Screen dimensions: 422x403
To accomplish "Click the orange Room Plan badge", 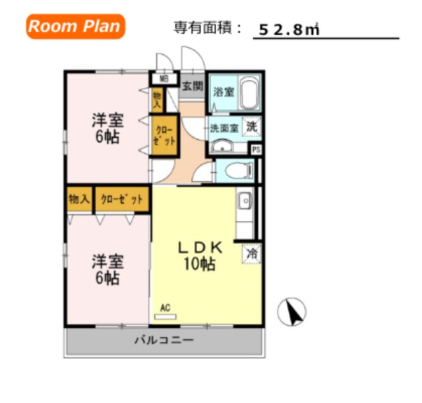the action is [76, 26].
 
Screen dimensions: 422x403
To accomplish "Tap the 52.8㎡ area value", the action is [289, 30].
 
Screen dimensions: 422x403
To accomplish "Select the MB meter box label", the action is [164, 79].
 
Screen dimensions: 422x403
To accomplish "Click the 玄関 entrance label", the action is [193, 86].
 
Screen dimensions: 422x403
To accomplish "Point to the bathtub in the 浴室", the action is [249, 93].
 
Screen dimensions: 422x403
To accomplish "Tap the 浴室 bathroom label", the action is [224, 92].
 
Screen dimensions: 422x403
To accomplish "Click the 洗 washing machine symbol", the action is [252, 127].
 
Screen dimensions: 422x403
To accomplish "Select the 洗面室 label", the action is [224, 129].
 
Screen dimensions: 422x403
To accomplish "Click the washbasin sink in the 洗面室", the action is [222, 146].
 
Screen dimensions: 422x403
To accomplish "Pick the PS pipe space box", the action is [256, 150].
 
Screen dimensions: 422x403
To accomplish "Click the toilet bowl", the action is [238, 170].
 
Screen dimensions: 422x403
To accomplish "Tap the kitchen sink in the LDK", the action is [245, 201].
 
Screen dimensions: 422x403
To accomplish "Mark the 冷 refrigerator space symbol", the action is [252, 253].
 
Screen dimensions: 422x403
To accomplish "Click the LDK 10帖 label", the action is [200, 256].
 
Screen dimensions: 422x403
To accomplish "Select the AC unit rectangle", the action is [166, 317].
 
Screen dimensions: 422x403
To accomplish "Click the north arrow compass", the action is [291, 312].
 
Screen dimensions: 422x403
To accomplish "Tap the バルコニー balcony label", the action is [164, 340].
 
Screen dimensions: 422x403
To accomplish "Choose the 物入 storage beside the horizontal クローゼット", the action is [79, 199].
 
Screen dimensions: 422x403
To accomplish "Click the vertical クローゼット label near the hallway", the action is [164, 136].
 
